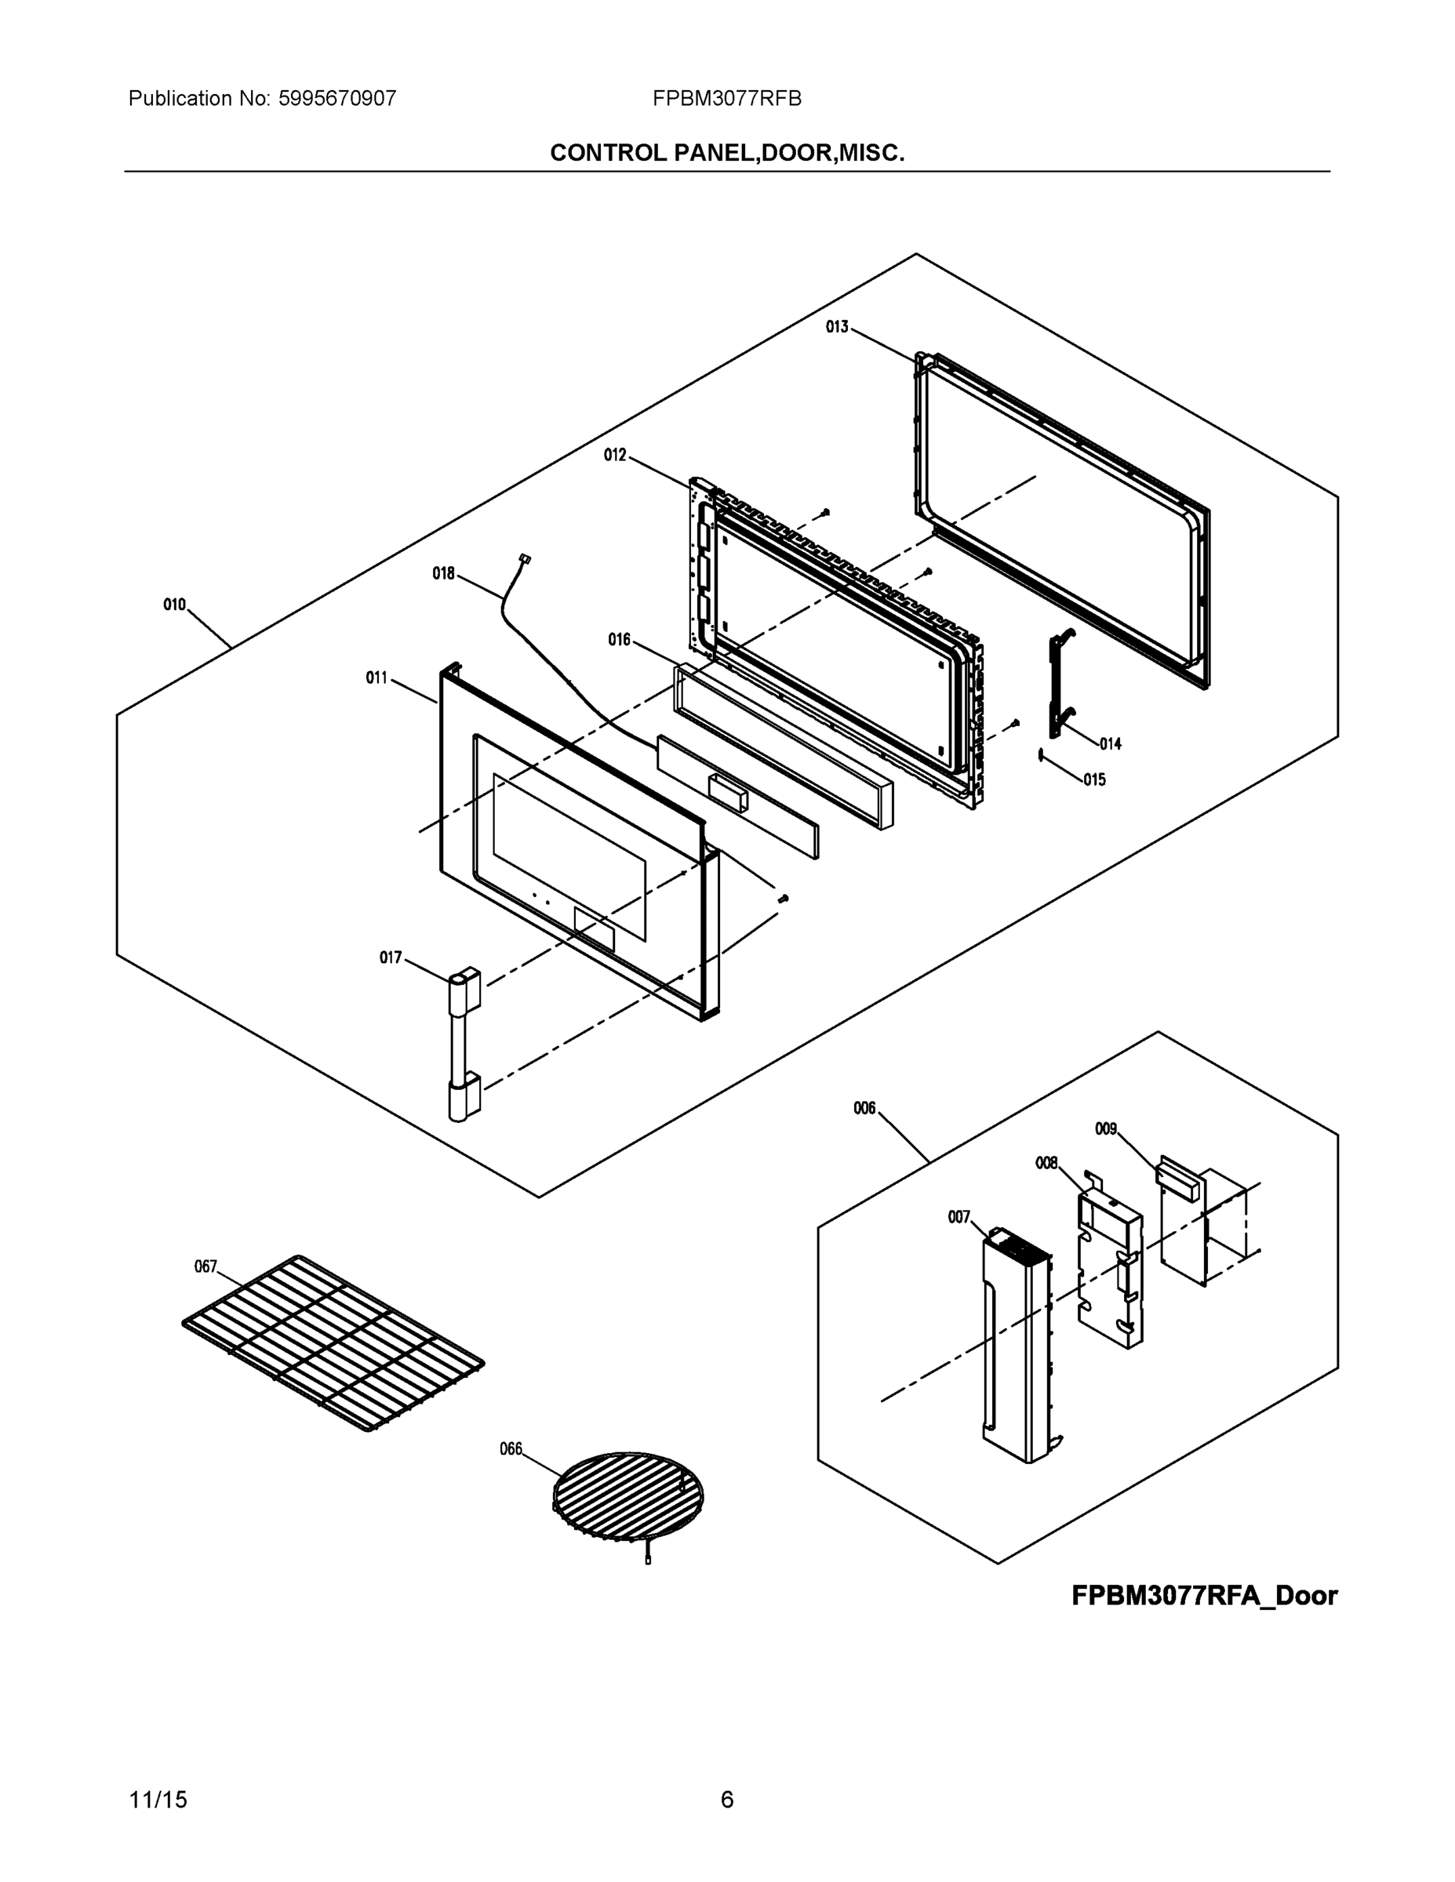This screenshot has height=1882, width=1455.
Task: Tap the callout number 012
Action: point(615,455)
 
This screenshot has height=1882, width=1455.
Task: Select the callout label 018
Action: point(443,573)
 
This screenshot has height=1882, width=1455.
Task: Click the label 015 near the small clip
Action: point(1094,780)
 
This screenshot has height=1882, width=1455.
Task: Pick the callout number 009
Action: point(1106,1129)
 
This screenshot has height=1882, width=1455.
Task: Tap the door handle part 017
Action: point(463,1046)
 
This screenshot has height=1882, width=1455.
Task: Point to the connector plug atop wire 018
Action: point(524,559)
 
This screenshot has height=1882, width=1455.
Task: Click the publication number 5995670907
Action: point(337,99)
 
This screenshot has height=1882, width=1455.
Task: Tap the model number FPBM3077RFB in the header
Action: point(726,99)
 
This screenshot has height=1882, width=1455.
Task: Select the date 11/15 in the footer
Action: point(158,1800)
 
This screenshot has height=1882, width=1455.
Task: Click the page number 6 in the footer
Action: point(726,1800)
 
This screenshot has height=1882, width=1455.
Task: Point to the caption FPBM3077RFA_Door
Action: point(1204,1596)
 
